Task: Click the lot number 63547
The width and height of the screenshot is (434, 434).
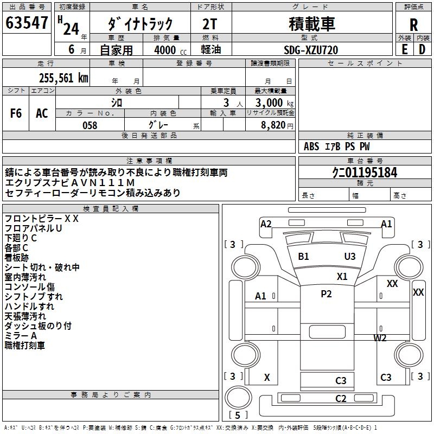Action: click(27, 24)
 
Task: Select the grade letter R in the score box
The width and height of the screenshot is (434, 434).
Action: click(413, 24)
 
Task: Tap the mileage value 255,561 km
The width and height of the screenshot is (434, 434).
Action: click(63, 78)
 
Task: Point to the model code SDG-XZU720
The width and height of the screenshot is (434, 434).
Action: click(311, 50)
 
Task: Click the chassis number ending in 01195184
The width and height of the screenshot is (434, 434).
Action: click(365, 173)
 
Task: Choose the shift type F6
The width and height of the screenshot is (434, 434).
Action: click(16, 113)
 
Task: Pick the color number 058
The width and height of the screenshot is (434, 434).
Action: click(90, 125)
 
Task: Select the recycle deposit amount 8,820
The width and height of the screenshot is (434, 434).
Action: click(273, 125)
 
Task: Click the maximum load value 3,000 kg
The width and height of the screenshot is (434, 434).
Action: click(271, 103)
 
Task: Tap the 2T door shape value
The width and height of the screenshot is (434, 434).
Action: click(211, 24)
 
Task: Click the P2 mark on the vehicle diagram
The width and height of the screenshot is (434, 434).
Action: click(326, 294)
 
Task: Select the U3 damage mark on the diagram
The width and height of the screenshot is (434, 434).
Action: click(350, 256)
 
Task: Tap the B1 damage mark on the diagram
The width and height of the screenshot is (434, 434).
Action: click(303, 256)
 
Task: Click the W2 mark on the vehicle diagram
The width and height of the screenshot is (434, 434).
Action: click(380, 338)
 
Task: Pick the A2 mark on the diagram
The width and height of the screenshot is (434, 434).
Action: click(266, 224)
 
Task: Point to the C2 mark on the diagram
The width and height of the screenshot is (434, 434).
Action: click(341, 399)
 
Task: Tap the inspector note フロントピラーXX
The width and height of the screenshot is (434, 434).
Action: click(42, 219)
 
